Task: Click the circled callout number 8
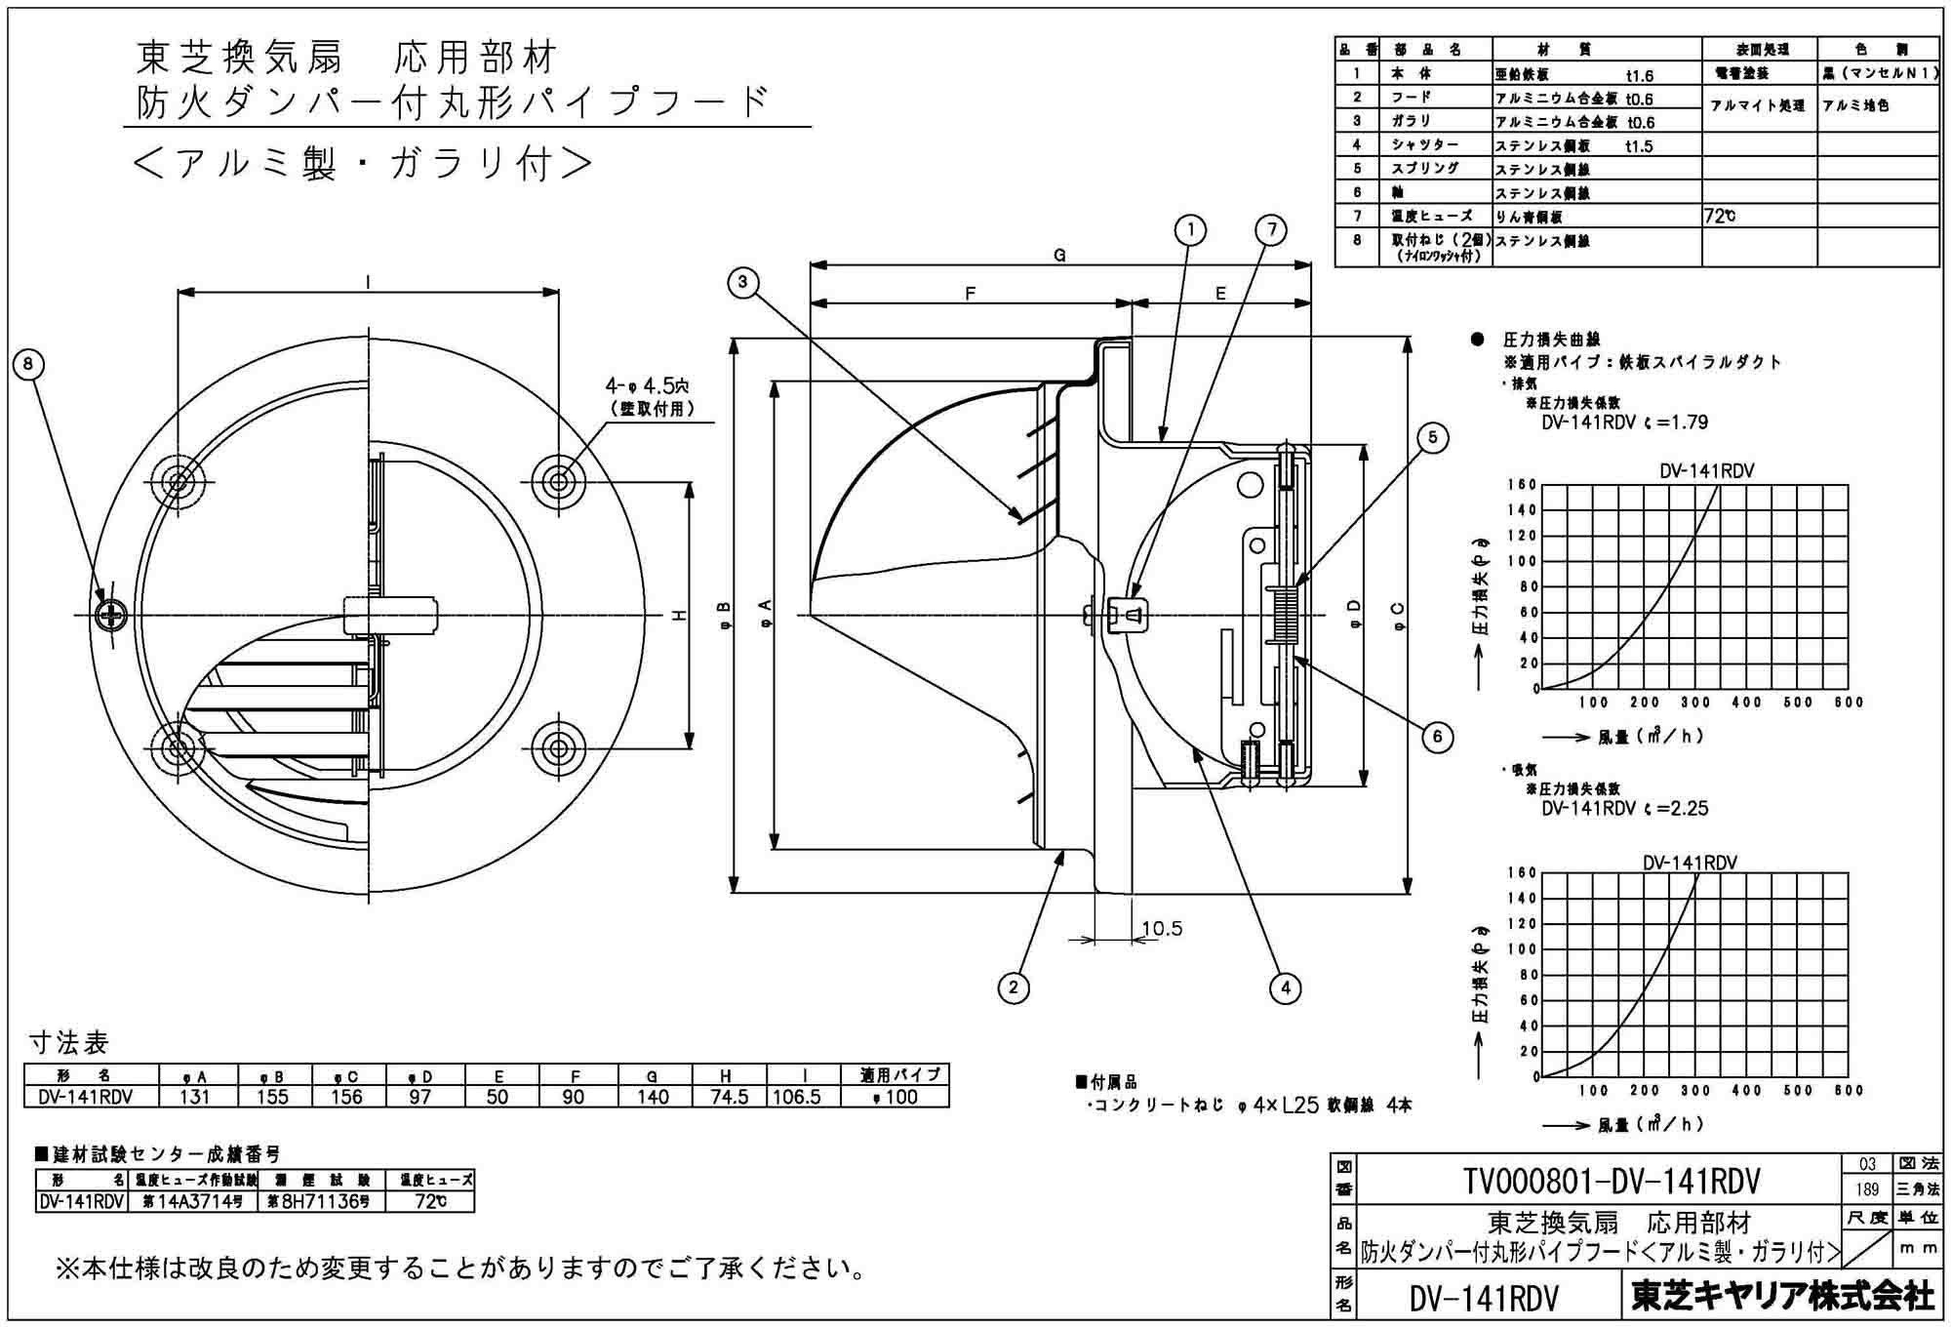tap(28, 365)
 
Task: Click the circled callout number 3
tap(743, 283)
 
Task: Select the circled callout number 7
tap(1271, 230)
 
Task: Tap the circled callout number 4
tap(1286, 987)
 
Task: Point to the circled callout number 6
tap(1437, 736)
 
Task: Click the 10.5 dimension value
tap(1162, 928)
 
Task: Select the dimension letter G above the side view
tap(1059, 256)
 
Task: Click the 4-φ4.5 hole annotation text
tap(647, 385)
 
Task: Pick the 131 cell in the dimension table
tap(195, 1097)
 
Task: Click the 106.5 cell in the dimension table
tap(797, 1097)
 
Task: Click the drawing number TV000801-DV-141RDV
tap(1612, 1182)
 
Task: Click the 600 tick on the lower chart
tap(1848, 1090)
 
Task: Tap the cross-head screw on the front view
tap(112, 615)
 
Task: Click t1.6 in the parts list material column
tap(1640, 75)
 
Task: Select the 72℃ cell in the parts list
tap(1720, 217)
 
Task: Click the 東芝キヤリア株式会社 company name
tap(1781, 1296)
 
